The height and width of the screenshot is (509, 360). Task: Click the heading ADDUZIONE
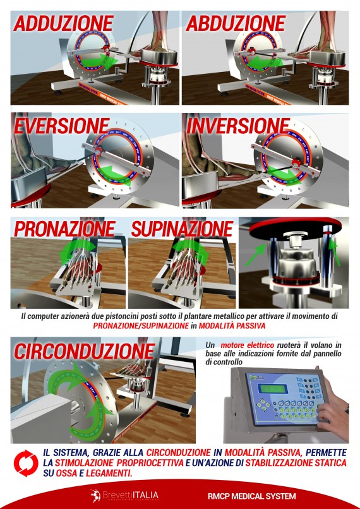click(x=63, y=23)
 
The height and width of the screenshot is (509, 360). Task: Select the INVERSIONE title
click(x=237, y=125)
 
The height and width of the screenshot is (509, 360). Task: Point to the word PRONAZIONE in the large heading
click(x=66, y=228)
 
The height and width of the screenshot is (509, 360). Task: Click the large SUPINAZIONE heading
click(x=182, y=228)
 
